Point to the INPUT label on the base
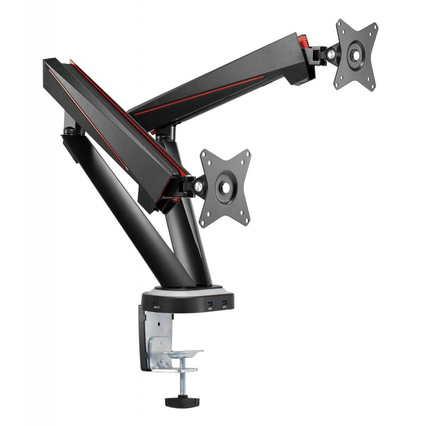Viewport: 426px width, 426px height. [157, 307]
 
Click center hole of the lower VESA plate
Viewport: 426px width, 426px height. [225, 187]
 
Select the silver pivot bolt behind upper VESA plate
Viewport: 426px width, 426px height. [331, 53]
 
